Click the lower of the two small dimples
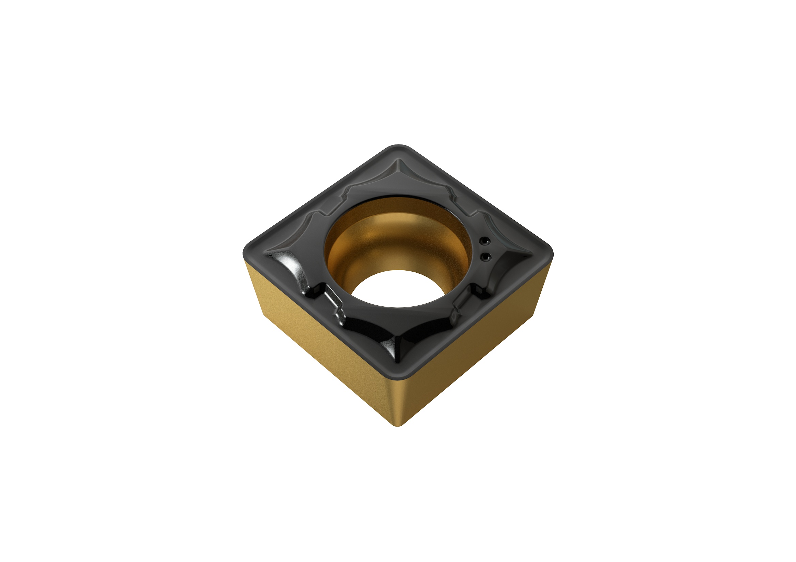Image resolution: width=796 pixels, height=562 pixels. tap(484, 256)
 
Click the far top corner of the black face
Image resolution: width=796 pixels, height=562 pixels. tap(399, 146)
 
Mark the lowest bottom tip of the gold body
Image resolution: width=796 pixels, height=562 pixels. tap(398, 426)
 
